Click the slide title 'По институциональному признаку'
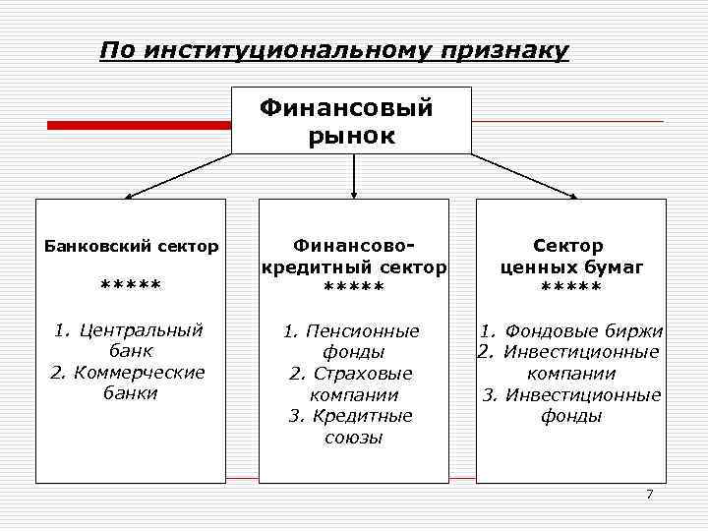(x=334, y=50)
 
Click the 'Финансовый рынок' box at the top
(x=351, y=121)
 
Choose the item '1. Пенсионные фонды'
(x=352, y=341)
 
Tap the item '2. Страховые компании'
(x=352, y=384)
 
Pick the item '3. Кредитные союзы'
(x=352, y=427)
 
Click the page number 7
(x=649, y=493)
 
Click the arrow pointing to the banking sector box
(x=177, y=176)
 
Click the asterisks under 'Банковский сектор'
(x=131, y=286)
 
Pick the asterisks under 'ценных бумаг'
(x=570, y=287)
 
